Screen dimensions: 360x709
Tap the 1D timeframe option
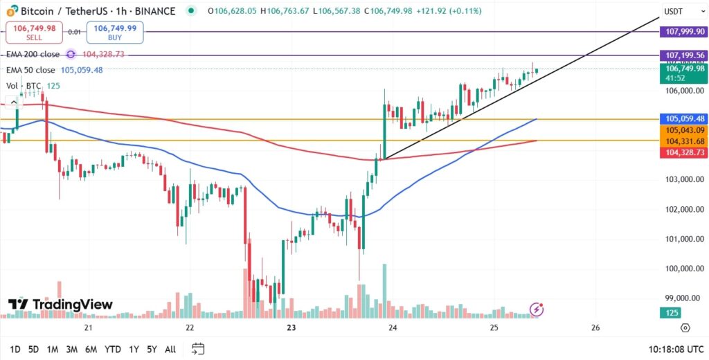(15, 349)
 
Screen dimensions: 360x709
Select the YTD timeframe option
(112, 349)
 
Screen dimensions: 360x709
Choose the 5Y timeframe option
(152, 349)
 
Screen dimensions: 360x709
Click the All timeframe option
(170, 349)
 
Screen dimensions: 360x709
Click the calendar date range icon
(198, 348)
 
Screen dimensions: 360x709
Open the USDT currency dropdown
(674, 11)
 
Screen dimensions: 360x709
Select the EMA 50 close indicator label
(30, 70)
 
